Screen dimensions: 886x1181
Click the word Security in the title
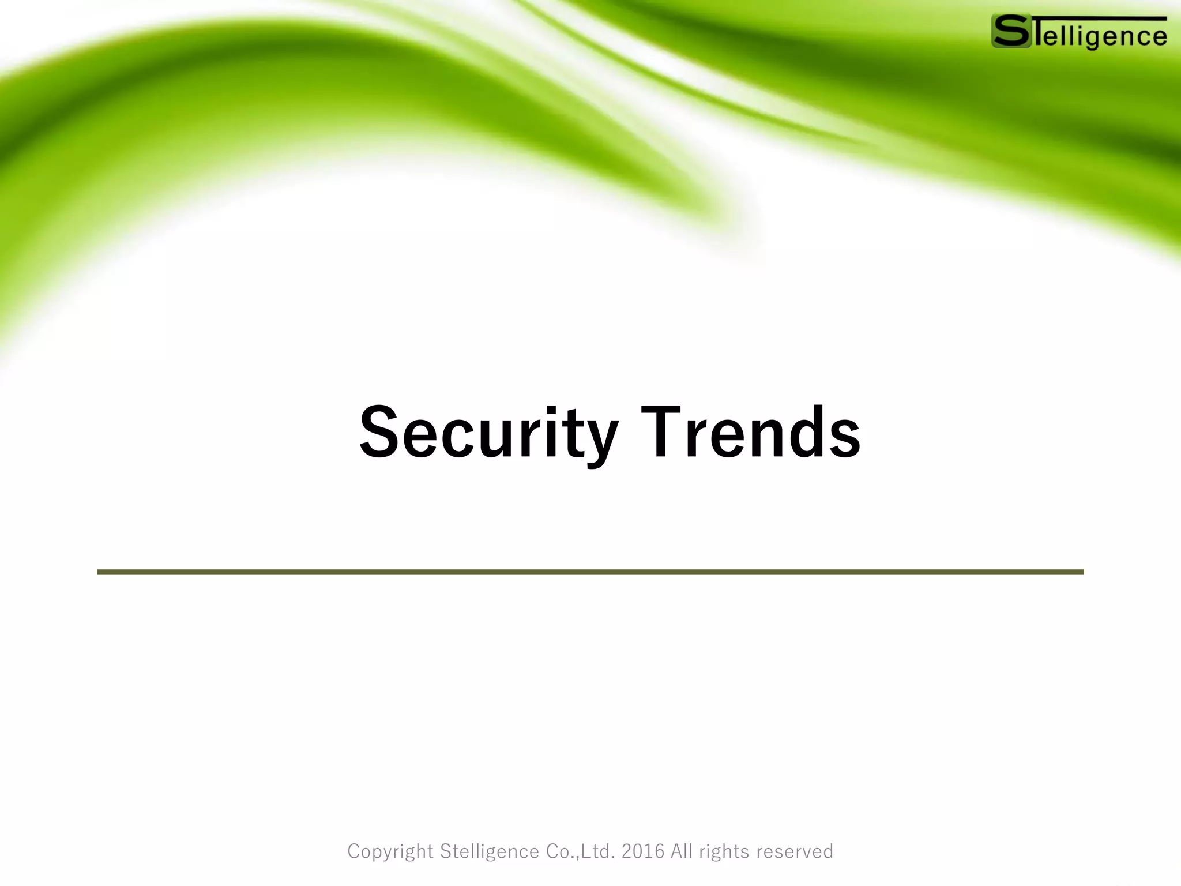click(x=488, y=433)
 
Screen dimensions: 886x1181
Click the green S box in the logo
click(x=1011, y=31)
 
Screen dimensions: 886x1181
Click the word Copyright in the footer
click(x=390, y=851)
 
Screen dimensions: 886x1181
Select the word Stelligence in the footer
click(x=490, y=851)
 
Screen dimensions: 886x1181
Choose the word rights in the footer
click(x=724, y=851)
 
